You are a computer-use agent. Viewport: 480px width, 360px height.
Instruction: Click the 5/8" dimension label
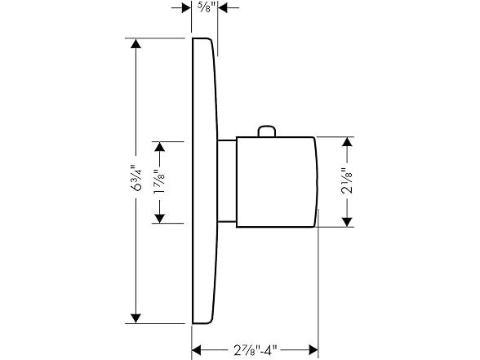(205, 7)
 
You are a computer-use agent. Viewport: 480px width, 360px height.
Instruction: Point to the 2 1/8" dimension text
(348, 181)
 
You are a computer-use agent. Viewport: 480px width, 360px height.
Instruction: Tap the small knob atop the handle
(267, 131)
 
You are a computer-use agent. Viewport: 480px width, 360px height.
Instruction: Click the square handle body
(269, 181)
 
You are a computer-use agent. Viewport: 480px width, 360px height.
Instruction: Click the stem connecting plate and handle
(228, 181)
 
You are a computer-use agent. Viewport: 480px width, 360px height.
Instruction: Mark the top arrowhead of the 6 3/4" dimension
(136, 47)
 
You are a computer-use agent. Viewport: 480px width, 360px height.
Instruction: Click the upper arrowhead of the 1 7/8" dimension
(161, 146)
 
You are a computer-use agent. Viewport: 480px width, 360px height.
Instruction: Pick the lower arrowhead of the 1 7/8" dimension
(161, 217)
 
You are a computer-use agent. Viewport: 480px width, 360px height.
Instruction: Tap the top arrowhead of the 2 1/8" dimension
(348, 141)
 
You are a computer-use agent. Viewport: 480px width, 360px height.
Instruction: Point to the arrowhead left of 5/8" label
(185, 7)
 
